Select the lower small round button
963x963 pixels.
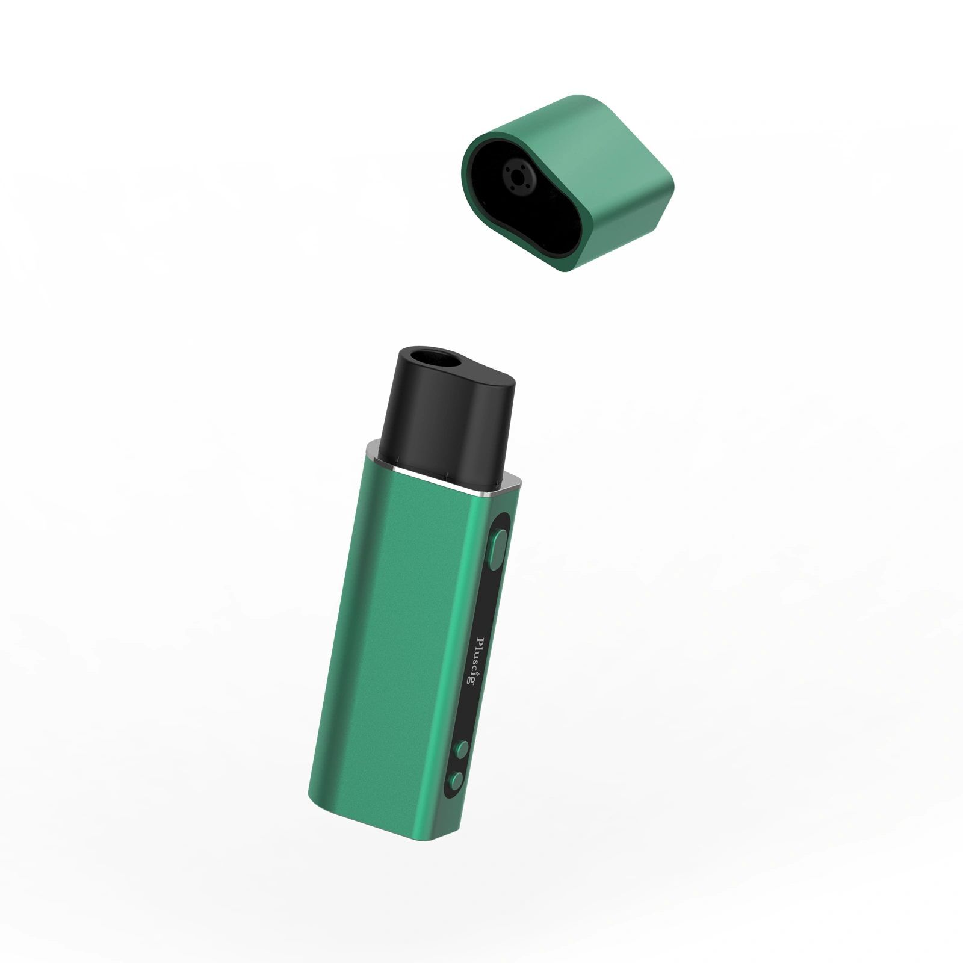click(x=457, y=781)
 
